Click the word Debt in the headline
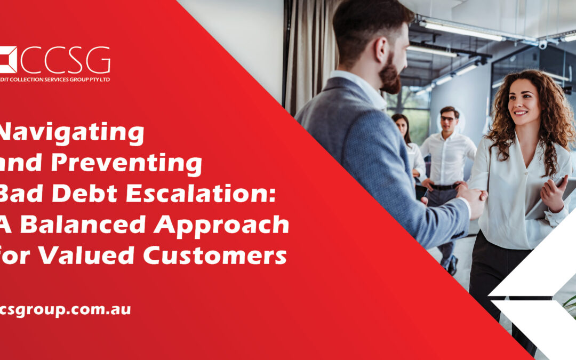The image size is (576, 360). click(x=80, y=194)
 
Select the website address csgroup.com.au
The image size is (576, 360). click(x=65, y=309)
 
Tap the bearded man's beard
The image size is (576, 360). click(x=391, y=78)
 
